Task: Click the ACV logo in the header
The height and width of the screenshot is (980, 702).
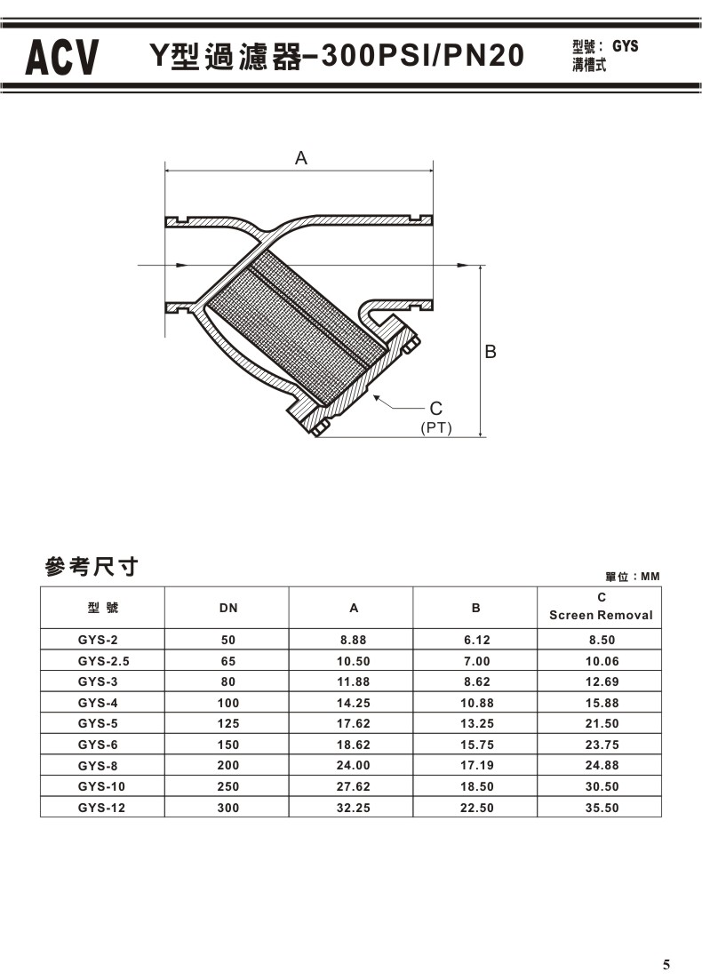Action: (61, 57)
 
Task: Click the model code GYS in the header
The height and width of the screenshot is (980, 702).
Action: (625, 46)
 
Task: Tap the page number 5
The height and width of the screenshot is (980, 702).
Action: (666, 964)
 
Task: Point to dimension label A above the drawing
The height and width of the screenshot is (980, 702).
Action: (301, 158)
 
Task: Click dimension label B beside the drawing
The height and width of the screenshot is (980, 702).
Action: (490, 352)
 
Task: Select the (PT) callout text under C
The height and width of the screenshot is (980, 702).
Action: (435, 428)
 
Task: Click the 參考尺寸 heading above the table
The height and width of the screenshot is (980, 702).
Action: (92, 566)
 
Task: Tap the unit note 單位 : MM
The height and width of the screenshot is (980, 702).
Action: (633, 577)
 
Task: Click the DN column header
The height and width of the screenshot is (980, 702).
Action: (228, 609)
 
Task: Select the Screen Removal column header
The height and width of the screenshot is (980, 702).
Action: (601, 615)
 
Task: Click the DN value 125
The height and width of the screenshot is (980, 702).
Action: (228, 723)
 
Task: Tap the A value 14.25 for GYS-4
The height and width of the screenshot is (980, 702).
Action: (353, 703)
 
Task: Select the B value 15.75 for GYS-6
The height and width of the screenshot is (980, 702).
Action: (475, 745)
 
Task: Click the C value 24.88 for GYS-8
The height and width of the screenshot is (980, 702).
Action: (601, 765)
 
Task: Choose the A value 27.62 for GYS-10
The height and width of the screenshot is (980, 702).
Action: (353, 786)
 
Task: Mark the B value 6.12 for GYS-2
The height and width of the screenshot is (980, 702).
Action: (475, 640)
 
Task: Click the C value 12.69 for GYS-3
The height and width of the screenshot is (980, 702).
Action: (601, 681)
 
